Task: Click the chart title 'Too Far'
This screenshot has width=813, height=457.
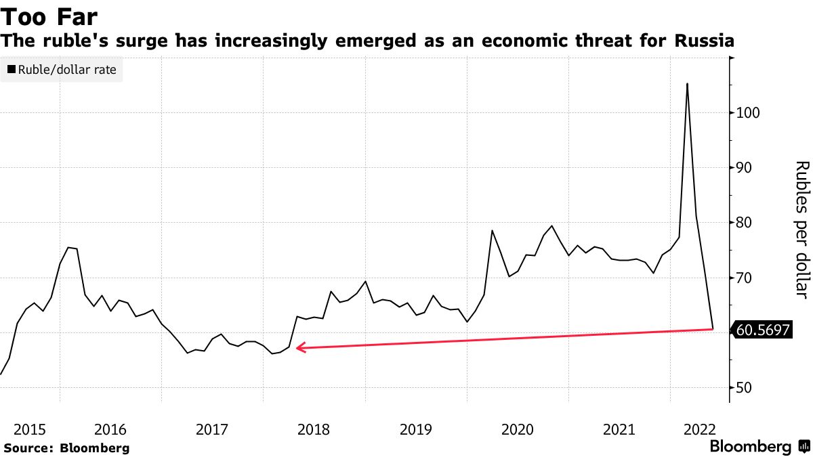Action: pyautogui.click(x=49, y=16)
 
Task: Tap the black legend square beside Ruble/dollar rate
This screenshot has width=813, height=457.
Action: pyautogui.click(x=12, y=70)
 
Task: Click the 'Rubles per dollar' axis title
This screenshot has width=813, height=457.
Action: pyautogui.click(x=801, y=230)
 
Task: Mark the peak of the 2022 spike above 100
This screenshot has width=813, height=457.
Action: pyautogui.click(x=687, y=84)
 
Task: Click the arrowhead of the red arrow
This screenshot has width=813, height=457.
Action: pyautogui.click(x=299, y=348)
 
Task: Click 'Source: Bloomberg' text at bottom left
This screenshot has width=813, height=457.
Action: pyautogui.click(x=66, y=448)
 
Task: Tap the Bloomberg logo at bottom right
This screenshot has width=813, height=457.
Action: pyautogui.click(x=759, y=447)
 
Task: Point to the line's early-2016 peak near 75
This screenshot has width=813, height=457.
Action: pyautogui.click(x=68, y=248)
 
